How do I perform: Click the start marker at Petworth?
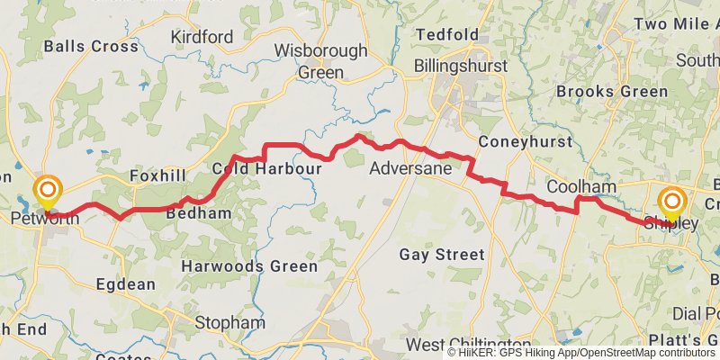pos(47,192)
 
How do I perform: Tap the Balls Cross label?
pos(91,46)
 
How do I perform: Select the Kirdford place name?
pos(202,37)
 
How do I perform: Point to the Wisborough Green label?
pos(321,61)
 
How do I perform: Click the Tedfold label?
pos(446,35)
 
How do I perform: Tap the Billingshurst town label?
pos(461,67)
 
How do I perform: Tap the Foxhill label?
pos(157,175)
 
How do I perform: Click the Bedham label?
pos(199,212)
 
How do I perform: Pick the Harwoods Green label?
pos(249,266)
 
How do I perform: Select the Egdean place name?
pos(125,284)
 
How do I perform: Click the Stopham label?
pos(230,322)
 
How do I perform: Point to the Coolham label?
pos(581,186)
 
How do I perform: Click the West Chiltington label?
pos(468,345)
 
